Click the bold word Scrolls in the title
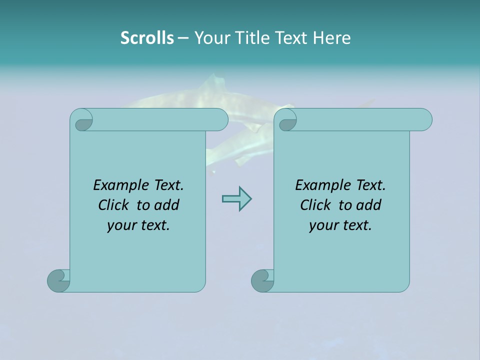(147, 37)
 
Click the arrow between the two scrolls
(236, 199)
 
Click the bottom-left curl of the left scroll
(58, 280)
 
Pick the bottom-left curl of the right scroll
(262, 280)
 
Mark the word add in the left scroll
(167, 205)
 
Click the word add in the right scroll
(369, 205)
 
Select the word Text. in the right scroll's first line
(370, 185)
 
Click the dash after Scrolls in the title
(183, 38)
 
